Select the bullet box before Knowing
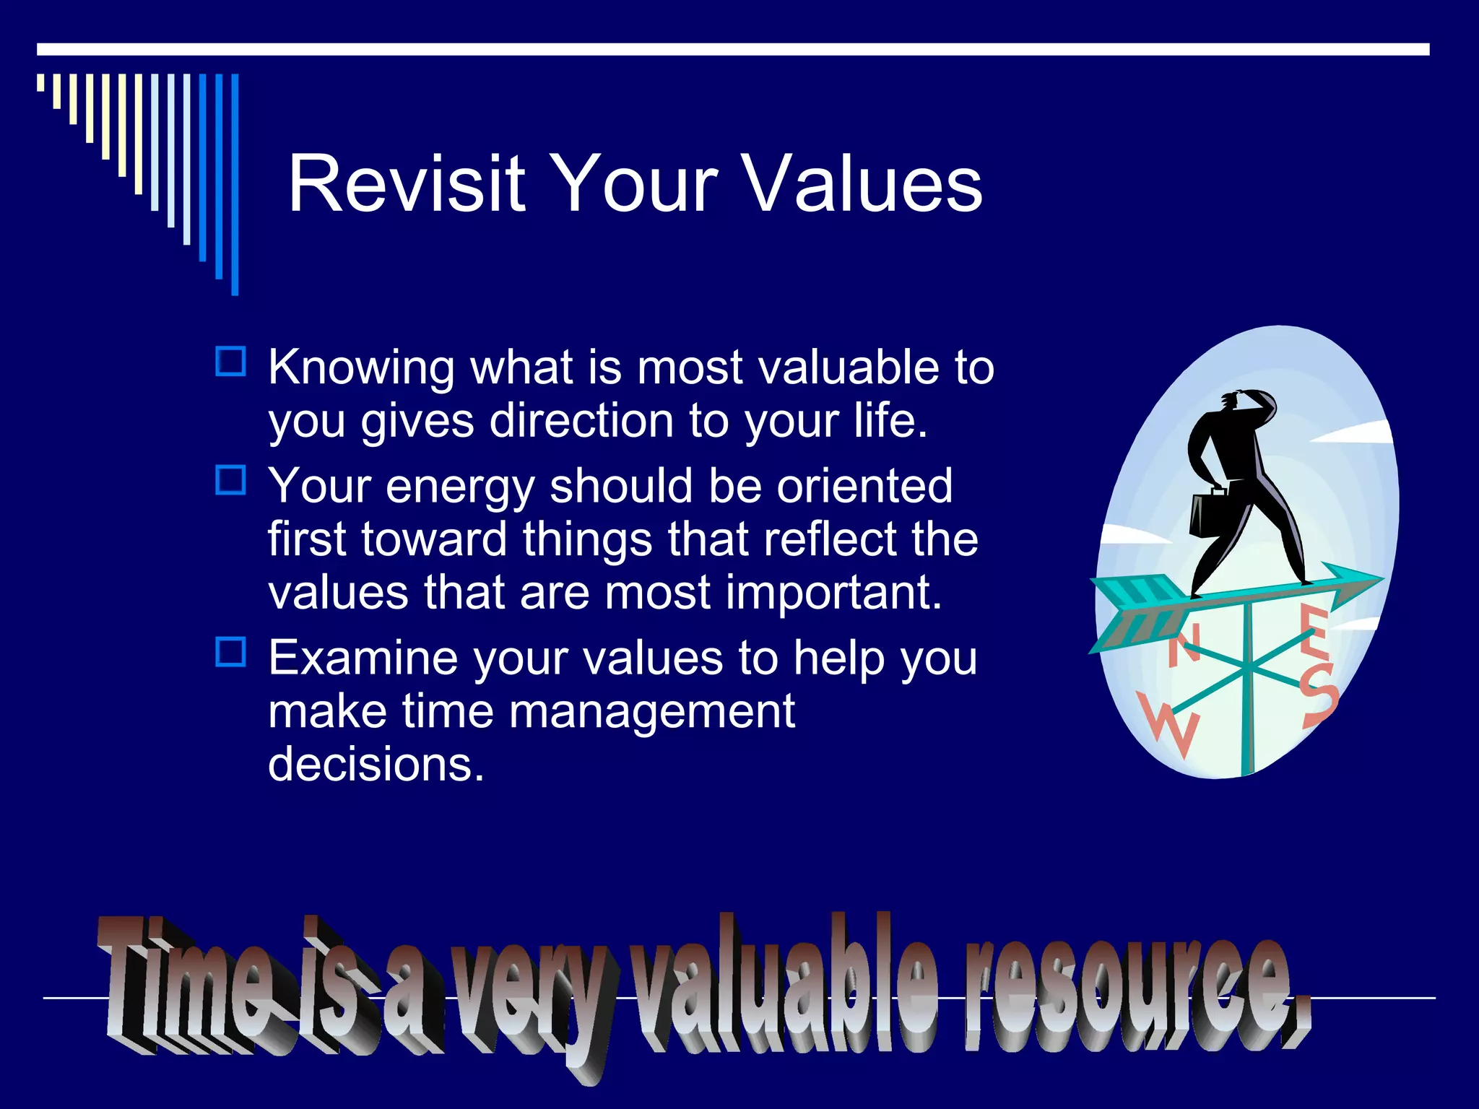point(231,361)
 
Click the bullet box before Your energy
point(231,480)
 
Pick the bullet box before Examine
point(231,651)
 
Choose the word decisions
point(376,764)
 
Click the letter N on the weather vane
point(1184,645)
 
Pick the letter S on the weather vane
point(1319,697)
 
